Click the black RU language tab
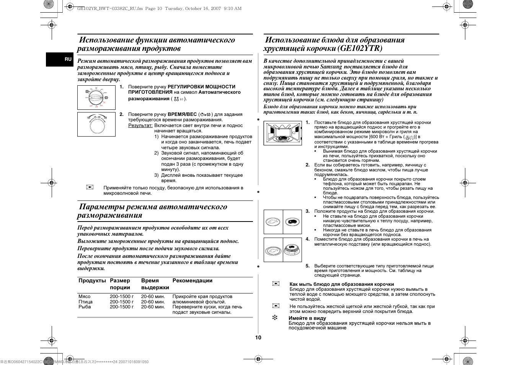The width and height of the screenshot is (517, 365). (68, 59)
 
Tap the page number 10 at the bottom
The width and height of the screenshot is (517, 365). (258, 337)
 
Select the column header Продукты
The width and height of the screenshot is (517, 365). (92, 281)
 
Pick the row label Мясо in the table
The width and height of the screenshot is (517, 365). (85, 297)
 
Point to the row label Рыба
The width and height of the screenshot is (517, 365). (85, 307)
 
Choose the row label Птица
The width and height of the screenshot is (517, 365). (85, 302)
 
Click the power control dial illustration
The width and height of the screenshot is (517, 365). (96, 97)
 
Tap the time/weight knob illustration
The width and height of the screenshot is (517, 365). (96, 124)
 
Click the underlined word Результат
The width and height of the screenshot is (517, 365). (140, 125)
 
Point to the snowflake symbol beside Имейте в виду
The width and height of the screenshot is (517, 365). (274, 318)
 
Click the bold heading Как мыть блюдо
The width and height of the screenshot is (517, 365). (342, 284)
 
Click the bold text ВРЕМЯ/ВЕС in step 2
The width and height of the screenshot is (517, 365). (182, 114)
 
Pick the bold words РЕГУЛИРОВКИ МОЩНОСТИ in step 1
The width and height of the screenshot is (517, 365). (202, 87)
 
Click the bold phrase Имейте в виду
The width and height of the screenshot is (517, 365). (307, 318)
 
